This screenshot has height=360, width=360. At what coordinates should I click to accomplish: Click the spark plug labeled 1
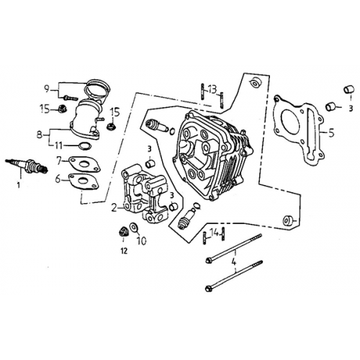tap(27, 167)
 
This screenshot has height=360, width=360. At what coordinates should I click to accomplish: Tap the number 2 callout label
tap(114, 208)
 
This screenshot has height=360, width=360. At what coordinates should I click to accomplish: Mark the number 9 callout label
tap(47, 89)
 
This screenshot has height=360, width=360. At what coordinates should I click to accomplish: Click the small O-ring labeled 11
tap(84, 146)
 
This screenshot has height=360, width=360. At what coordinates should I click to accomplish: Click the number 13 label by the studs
tap(211, 88)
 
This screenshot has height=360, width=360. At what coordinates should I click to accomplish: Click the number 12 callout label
tap(123, 251)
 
